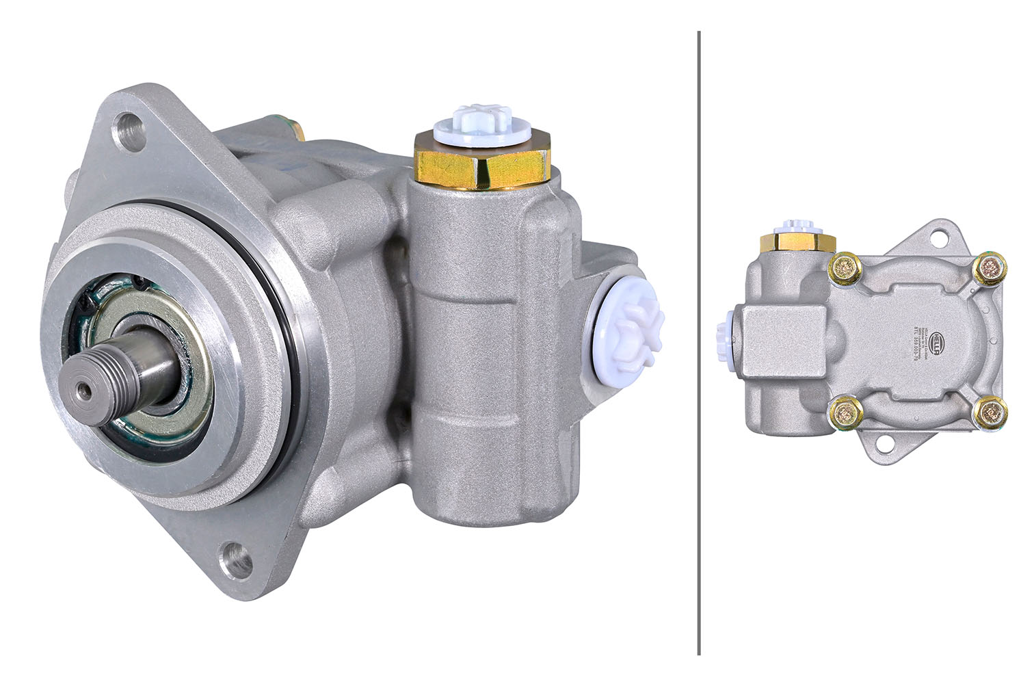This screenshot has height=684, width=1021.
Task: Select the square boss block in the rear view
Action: pos(769,341)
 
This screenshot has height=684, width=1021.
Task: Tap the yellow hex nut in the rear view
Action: pos(797,243)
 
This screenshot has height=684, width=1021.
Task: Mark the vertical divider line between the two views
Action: pos(698,342)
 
